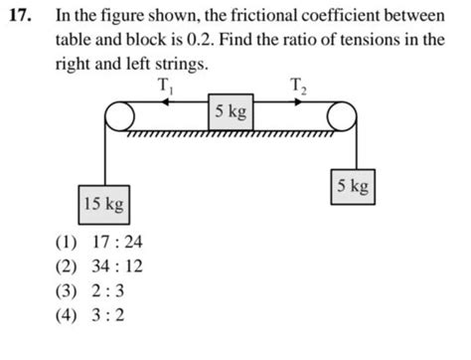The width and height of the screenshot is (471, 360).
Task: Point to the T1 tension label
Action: coord(165,87)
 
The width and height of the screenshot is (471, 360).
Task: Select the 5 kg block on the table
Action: coord(231,111)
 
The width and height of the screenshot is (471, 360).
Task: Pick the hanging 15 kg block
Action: coord(103,205)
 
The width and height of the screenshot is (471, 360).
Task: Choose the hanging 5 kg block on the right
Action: coord(354,186)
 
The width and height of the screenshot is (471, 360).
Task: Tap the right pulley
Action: coord(341,116)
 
